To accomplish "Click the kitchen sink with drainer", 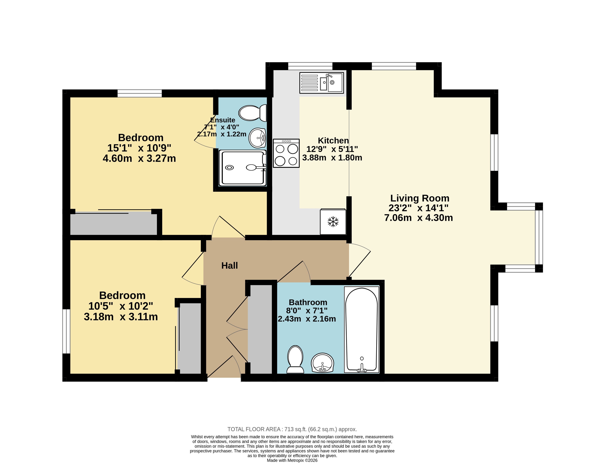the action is (322, 83).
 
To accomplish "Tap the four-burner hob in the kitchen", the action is (286, 153).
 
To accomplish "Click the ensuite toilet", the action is (253, 113).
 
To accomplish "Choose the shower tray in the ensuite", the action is (243, 168).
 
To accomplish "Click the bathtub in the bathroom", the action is (362, 330).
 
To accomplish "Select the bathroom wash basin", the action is (322, 363).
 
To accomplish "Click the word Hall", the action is (229, 266).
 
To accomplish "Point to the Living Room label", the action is (420, 198).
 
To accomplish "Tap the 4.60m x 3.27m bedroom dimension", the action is (139, 158).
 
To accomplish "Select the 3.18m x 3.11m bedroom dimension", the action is (121, 317).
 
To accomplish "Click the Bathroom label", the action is (308, 302).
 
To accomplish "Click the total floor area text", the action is (292, 429).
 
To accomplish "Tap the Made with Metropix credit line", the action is (292, 460).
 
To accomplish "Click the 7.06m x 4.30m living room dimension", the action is (419, 218).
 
